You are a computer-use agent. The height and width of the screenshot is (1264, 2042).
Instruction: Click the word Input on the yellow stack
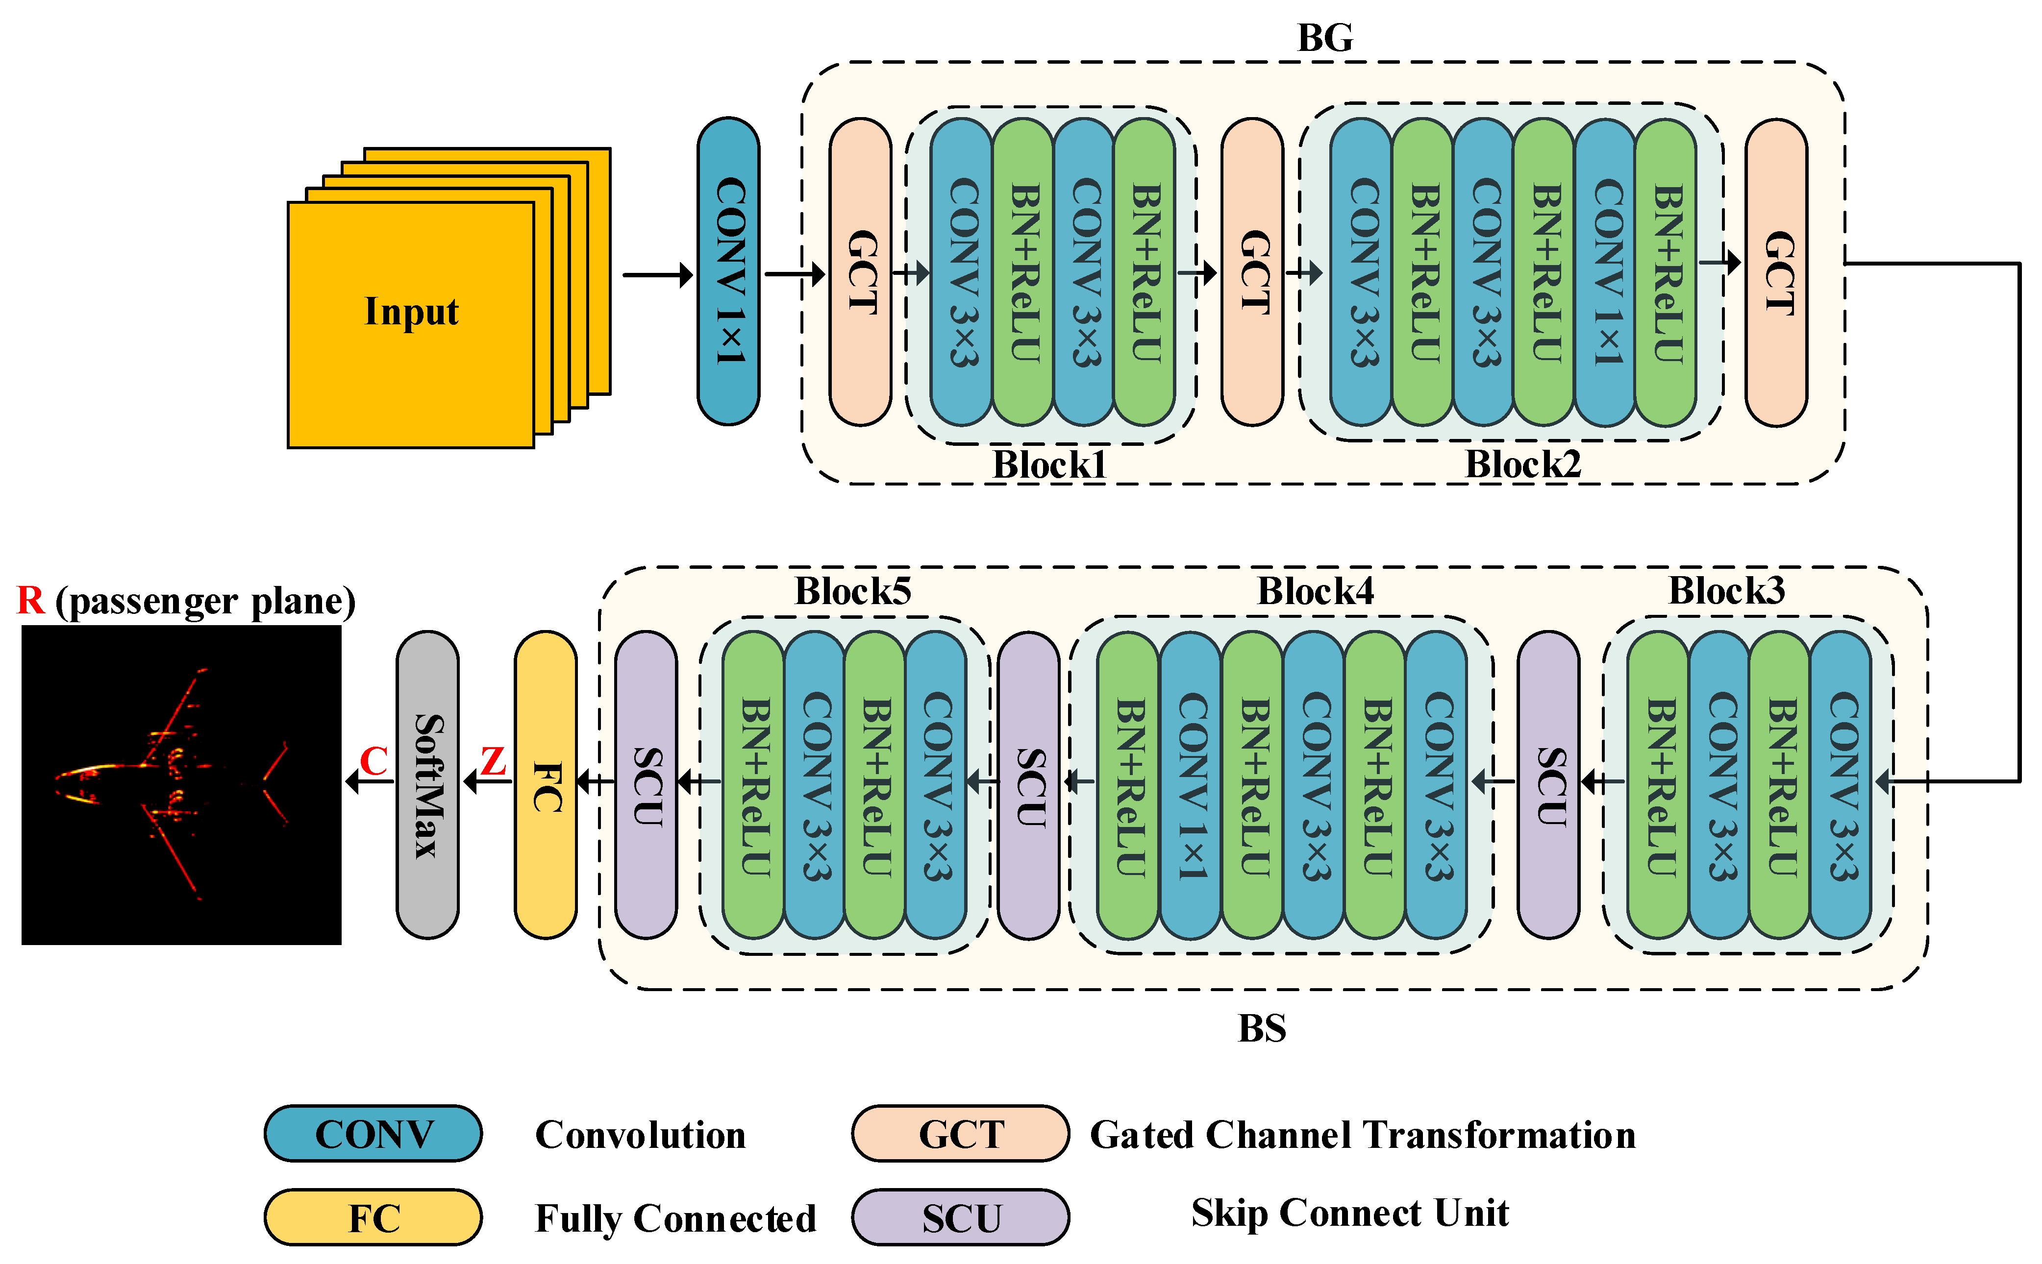point(411,312)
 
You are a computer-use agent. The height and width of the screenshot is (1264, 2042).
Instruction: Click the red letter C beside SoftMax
point(374,761)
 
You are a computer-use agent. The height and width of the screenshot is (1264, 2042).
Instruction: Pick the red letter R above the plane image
point(31,600)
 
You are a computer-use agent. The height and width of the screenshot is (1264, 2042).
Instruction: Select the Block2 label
point(1523,465)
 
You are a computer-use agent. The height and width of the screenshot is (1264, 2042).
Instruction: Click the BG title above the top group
point(1324,38)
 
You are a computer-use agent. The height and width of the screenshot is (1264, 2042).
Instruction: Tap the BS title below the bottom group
point(1262,1028)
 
